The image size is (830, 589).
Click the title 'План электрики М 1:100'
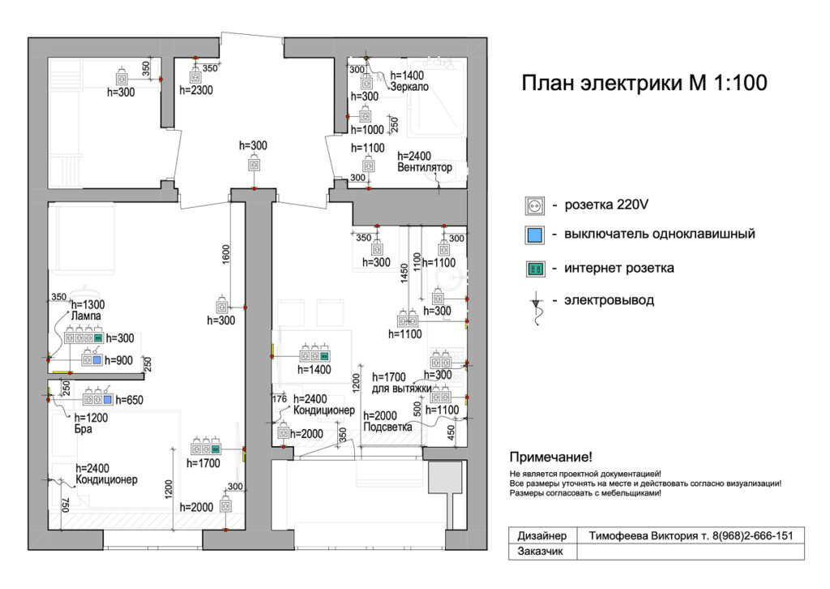coord(644,84)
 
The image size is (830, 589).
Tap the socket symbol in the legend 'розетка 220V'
coord(535,205)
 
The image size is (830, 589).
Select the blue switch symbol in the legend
coord(535,234)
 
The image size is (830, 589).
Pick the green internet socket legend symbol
coord(535,269)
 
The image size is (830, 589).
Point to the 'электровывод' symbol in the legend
coord(537,307)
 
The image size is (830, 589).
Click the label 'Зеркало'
coord(409,87)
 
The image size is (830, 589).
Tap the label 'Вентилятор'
coord(425,167)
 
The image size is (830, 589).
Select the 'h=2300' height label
coord(196,91)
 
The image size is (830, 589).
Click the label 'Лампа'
coord(86,316)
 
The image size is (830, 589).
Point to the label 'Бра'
coord(83,429)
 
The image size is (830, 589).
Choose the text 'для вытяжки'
coord(402,389)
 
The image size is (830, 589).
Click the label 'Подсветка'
coord(387,427)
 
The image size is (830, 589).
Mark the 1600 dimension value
coord(226,254)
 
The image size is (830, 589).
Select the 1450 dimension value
coord(404,273)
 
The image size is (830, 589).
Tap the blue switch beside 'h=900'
coord(97,360)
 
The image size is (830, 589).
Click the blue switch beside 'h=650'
coord(108,400)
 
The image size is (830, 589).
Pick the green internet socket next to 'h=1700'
coord(216,449)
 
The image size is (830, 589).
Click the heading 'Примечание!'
coord(550,457)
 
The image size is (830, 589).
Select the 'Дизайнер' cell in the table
coord(542,536)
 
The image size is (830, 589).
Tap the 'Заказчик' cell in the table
coord(540,552)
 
